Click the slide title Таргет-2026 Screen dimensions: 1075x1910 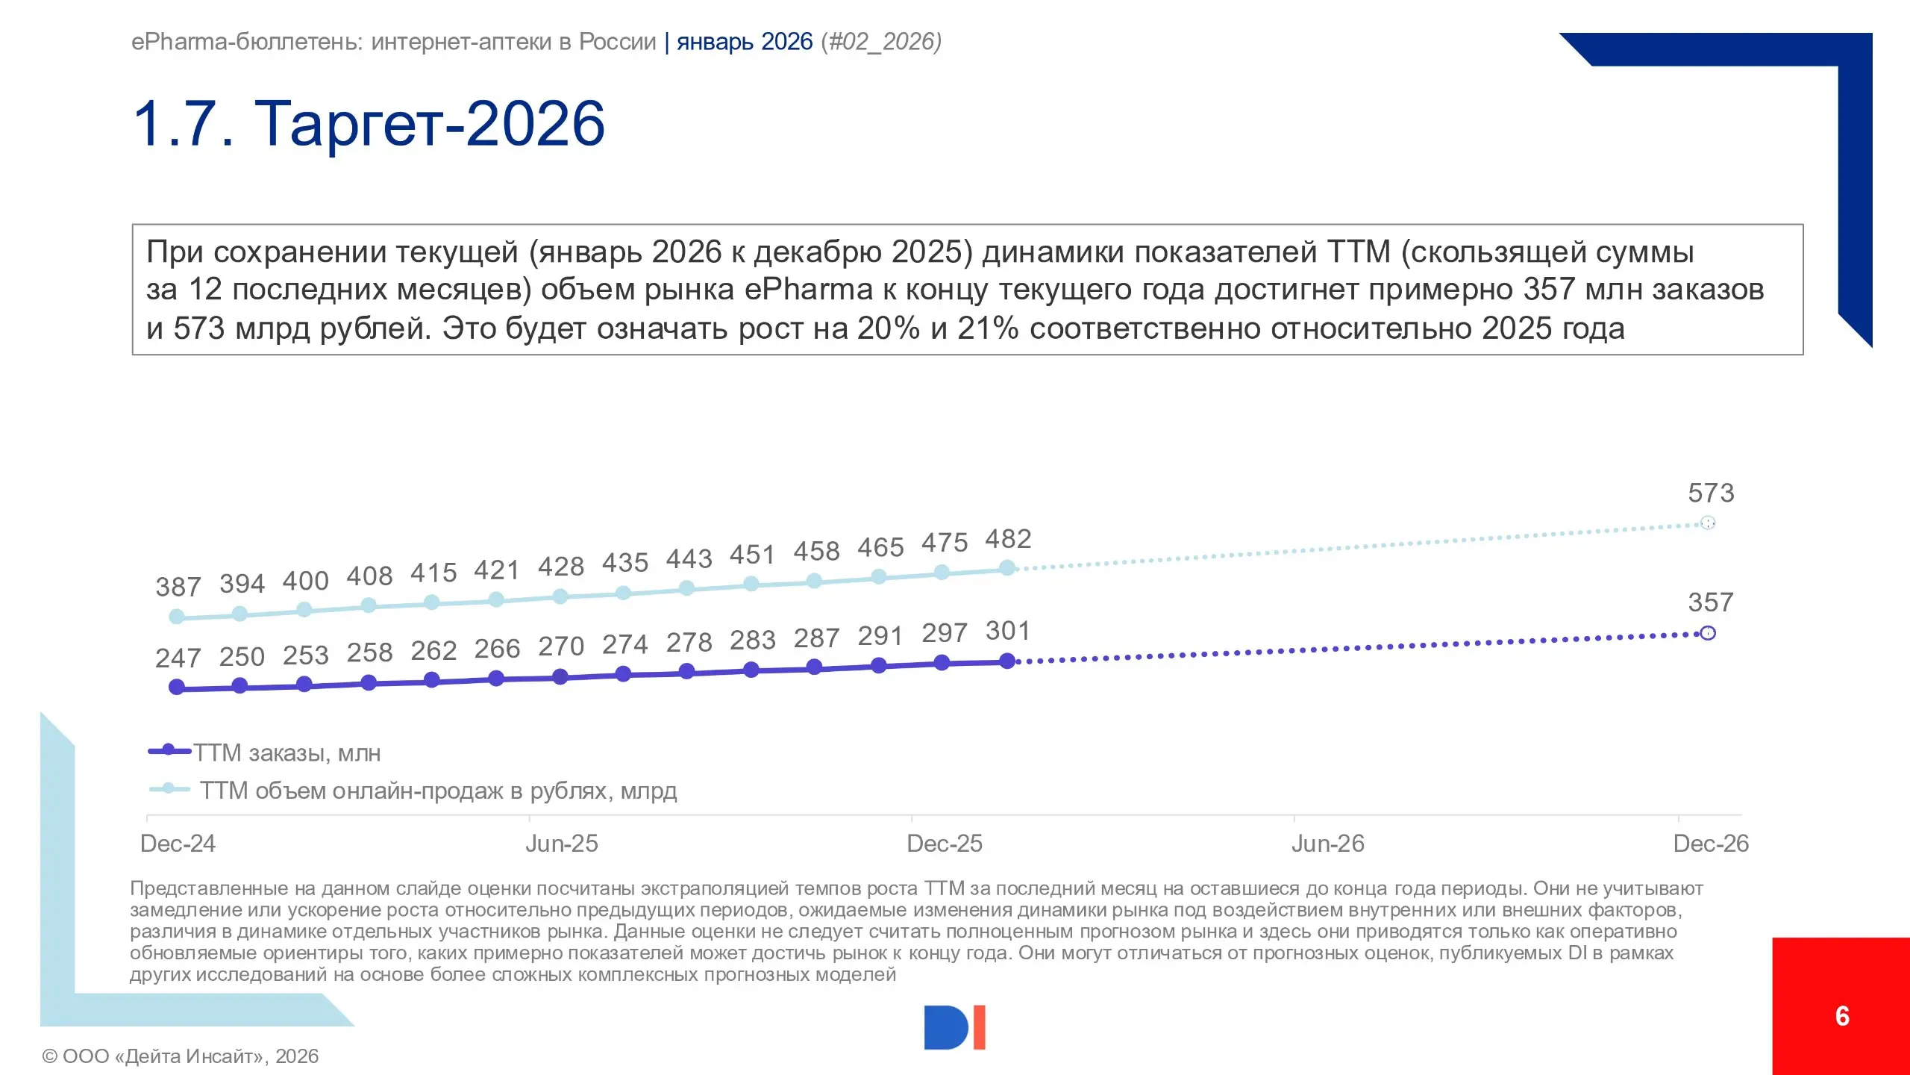click(369, 123)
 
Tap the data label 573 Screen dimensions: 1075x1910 click(1711, 493)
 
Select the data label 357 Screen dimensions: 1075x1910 click(1711, 602)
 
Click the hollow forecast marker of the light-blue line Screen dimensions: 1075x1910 click(1707, 523)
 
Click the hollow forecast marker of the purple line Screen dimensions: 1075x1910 click(1707, 633)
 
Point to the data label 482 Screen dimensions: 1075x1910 click(1008, 538)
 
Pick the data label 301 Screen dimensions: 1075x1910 click(1008, 631)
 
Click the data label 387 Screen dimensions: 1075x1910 click(178, 587)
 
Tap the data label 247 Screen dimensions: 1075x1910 click(178, 658)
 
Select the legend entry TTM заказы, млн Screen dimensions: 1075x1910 click(286, 752)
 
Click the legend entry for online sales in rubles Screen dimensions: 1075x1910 click(437, 790)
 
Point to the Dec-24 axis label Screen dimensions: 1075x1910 click(178, 844)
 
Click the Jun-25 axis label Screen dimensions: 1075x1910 click(561, 844)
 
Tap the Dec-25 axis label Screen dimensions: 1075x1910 click(944, 844)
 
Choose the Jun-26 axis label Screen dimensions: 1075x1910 click(1327, 844)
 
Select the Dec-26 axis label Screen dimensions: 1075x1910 click(1710, 844)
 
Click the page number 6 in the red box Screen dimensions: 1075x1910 click(1842, 1016)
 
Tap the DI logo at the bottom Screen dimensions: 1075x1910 click(954, 1027)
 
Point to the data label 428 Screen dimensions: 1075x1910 click(561, 567)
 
